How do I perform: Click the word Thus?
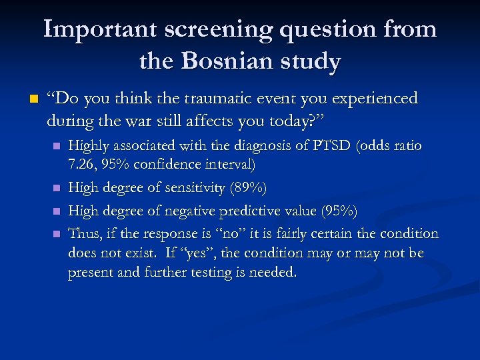point(83,233)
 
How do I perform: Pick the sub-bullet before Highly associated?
point(57,146)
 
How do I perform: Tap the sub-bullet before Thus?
point(57,234)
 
